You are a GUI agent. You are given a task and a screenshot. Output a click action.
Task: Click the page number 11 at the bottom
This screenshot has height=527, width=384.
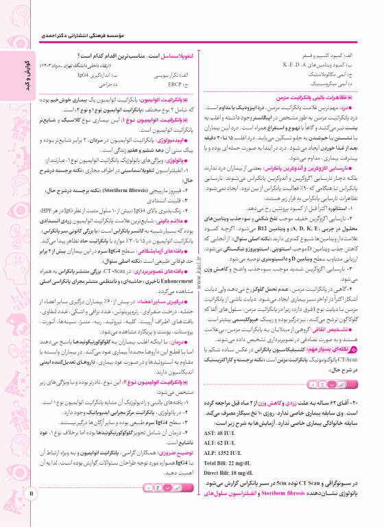30,511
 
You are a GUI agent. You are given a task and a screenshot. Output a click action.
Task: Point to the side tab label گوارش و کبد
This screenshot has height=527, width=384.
16,75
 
